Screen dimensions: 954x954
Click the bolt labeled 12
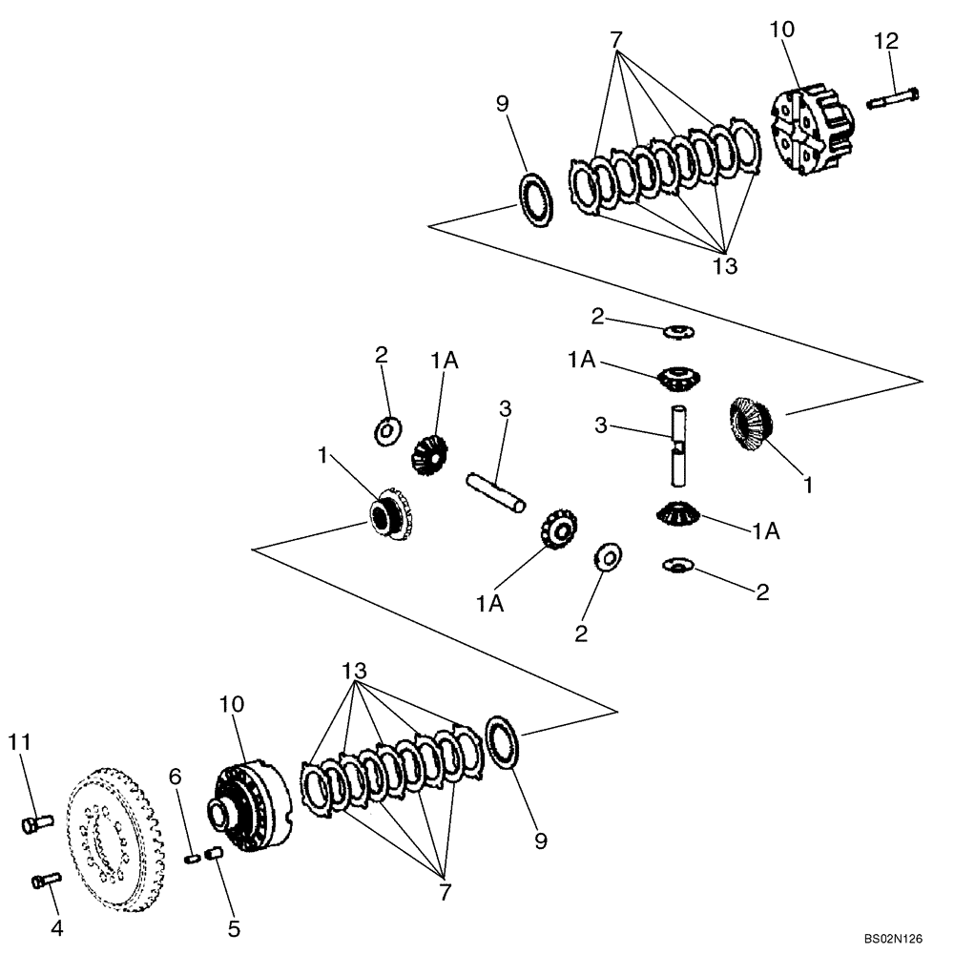coord(892,97)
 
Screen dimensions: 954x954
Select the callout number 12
coord(886,41)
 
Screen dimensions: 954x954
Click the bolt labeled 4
coord(44,879)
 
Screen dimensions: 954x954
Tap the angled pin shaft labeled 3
coord(494,493)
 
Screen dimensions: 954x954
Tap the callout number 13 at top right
coord(726,266)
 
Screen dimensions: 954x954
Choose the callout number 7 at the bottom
coord(445,892)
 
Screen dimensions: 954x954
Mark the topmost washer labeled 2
coord(679,331)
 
